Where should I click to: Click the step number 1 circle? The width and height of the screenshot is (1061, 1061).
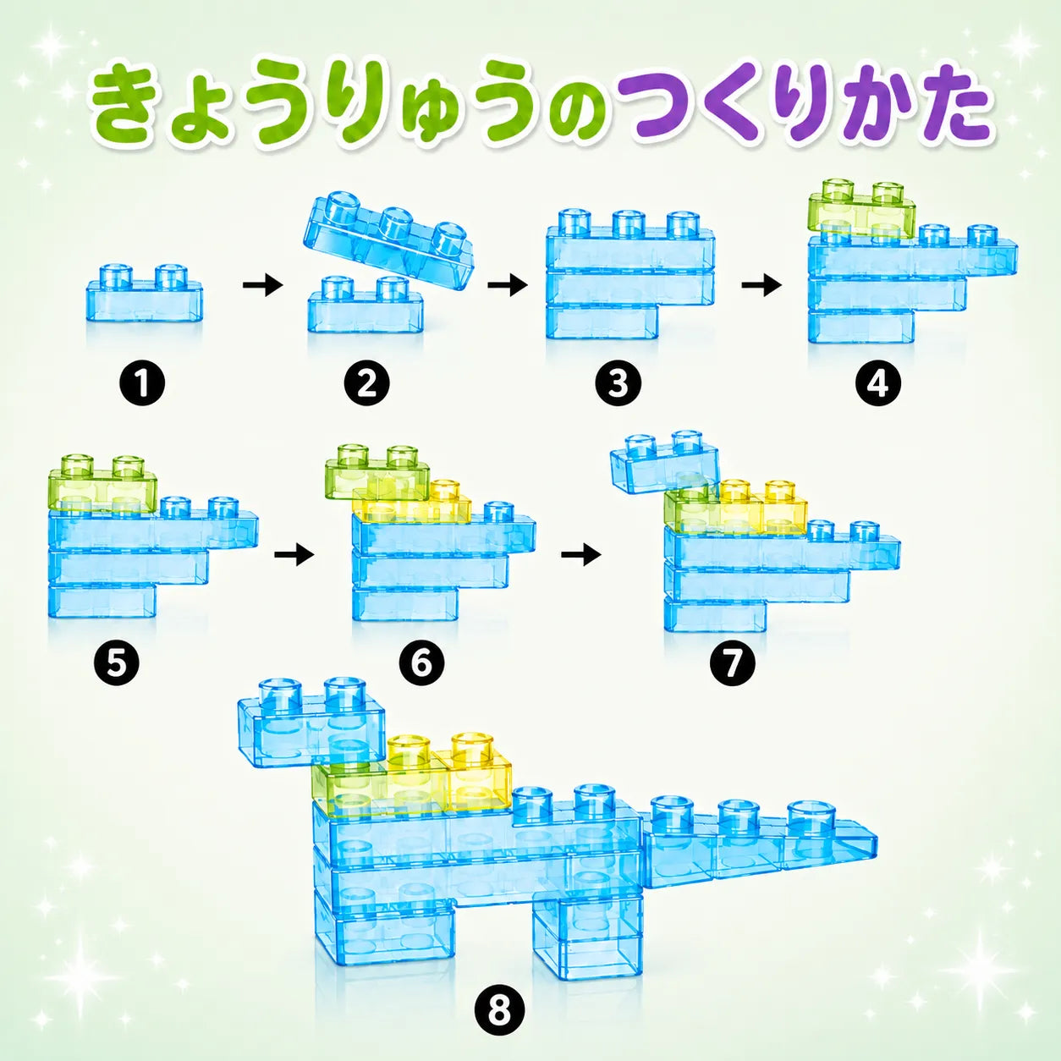pos(141,384)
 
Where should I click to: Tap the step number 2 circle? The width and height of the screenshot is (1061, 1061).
pos(366,384)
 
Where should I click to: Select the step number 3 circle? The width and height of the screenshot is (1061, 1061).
pos(618,384)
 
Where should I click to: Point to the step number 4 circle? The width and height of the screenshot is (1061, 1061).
pos(878,384)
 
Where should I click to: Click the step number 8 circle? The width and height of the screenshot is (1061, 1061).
pos(499,1009)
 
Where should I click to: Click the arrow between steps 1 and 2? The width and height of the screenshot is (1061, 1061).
pos(262,286)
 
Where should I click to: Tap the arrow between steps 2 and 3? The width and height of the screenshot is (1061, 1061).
pos(508,286)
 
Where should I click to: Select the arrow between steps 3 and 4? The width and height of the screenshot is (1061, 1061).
pos(762,286)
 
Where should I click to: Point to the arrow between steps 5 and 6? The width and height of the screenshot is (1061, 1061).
pos(294,555)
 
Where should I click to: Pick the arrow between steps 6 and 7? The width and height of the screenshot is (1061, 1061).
pos(581,555)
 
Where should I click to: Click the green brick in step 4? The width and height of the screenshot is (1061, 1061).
pos(861,212)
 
